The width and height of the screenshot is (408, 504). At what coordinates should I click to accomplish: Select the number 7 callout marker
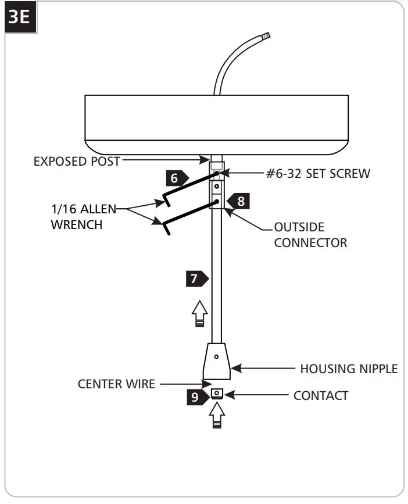tap(196, 278)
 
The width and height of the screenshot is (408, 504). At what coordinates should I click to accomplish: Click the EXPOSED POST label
tap(76, 161)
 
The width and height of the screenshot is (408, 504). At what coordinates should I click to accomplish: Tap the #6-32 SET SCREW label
tap(318, 173)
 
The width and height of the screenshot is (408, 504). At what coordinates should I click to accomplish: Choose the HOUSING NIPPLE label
tap(349, 369)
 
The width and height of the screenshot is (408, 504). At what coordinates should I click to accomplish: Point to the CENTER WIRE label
tap(116, 384)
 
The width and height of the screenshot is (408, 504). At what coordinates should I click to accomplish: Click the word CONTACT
tap(321, 396)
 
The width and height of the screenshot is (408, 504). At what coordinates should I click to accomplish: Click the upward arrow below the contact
tap(217, 416)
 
